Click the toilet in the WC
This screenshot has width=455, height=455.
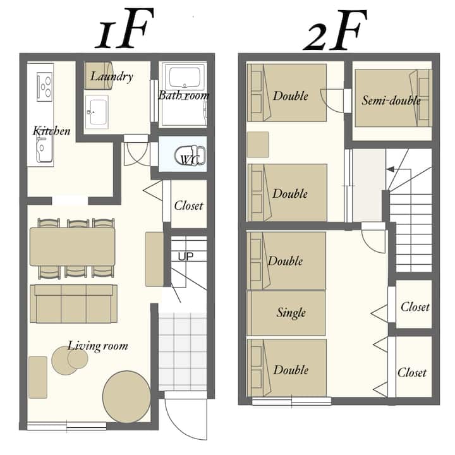tap(190, 156)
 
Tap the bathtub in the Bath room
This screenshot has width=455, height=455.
tap(185, 77)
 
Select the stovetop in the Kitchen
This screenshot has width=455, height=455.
tap(45, 87)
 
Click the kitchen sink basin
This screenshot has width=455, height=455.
tap(44, 149)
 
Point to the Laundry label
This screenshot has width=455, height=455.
tap(112, 76)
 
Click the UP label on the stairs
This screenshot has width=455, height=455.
tap(185, 256)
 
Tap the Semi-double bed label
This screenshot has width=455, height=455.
tap(391, 100)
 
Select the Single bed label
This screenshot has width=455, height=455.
tap(291, 313)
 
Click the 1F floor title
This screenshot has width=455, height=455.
tap(124, 29)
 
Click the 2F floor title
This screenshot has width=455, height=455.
tap(335, 30)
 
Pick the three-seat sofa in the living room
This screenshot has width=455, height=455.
tap(74, 303)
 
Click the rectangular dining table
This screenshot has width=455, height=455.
tap(73, 246)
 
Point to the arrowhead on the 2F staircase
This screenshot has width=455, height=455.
tap(391, 169)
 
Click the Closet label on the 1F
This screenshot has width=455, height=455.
tap(188, 206)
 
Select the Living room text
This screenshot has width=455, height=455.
tap(98, 346)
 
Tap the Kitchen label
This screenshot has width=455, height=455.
tap(51, 131)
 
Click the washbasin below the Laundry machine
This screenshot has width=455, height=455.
tap(97, 112)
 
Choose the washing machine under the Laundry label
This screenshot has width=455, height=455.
tap(99, 75)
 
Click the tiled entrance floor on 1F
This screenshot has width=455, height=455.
tap(183, 351)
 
